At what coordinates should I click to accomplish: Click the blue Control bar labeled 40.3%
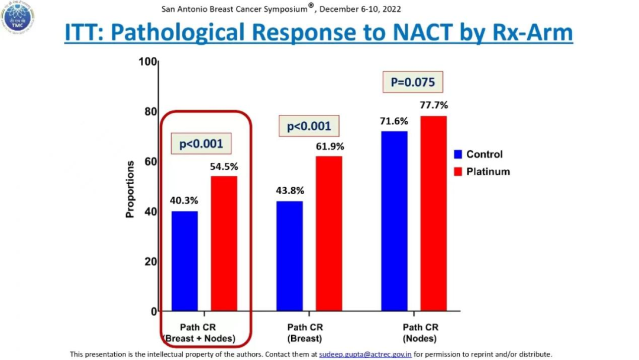tap(185, 261)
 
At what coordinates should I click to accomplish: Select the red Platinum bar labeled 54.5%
tap(224, 243)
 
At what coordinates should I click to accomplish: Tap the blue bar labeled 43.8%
tap(289, 256)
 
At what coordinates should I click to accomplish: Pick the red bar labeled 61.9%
tap(328, 233)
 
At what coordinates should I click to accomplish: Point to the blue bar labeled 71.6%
tap(394, 221)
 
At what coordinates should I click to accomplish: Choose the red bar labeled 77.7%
tap(433, 213)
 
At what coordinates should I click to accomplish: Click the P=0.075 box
tap(413, 82)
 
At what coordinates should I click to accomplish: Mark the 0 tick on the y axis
tap(154, 311)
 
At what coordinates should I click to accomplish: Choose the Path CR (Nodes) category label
tap(420, 333)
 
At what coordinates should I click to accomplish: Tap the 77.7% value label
tap(434, 105)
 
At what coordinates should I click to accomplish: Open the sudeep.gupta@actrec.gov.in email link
tap(365, 354)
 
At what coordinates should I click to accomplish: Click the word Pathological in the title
tap(193, 33)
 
